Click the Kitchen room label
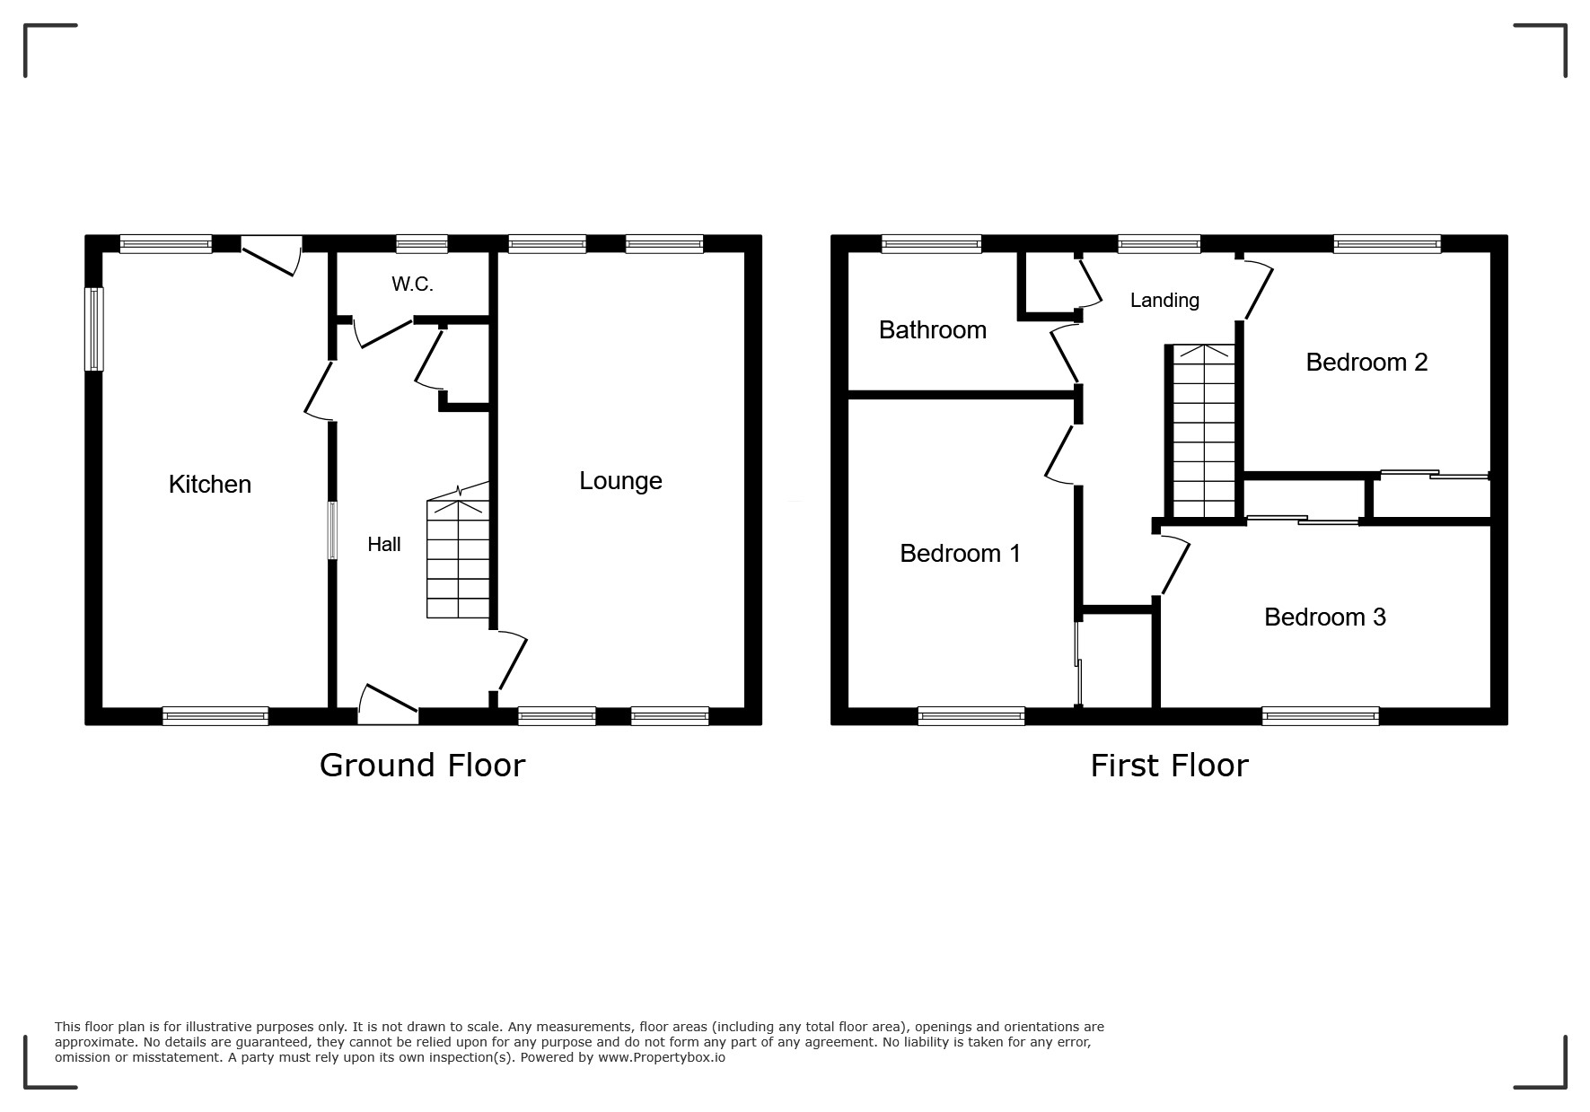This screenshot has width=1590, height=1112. [x=210, y=484]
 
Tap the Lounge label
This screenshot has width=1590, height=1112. [x=620, y=481]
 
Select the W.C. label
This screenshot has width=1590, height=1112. [x=412, y=285]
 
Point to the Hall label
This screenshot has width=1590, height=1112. [x=384, y=544]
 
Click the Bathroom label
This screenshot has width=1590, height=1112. [x=933, y=330]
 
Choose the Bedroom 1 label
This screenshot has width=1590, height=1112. [x=961, y=553]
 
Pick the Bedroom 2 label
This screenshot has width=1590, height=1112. [x=1366, y=362]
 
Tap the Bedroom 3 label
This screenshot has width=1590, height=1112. [x=1325, y=617]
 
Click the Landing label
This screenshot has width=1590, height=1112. [x=1164, y=301]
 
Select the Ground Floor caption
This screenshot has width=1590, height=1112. [x=422, y=766]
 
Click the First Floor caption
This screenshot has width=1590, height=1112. [x=1169, y=766]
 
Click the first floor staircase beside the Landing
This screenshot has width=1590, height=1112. [x=1204, y=432]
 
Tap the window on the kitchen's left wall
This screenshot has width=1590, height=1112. [x=93, y=328]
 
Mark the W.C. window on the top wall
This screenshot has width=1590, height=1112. [x=422, y=244]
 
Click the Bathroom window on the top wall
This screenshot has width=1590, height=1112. [x=931, y=244]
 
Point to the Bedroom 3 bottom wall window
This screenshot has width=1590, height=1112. [x=1320, y=716]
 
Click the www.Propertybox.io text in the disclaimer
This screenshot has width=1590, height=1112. [x=662, y=1057]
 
